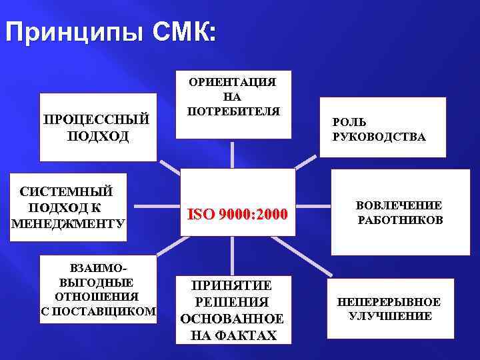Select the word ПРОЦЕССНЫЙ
point(96,120)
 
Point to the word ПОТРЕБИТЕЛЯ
point(232,110)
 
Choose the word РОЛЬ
point(349,123)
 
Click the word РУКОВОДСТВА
point(379,137)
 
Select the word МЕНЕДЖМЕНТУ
point(68,222)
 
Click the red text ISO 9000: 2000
point(238,215)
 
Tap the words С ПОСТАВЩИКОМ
point(98,311)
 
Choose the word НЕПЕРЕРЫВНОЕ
point(389,302)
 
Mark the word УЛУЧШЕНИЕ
point(390,316)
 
